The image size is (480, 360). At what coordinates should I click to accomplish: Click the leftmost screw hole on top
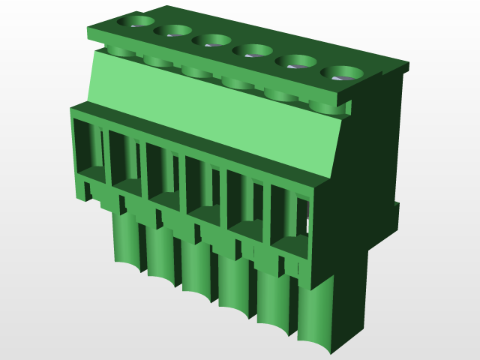[134, 21]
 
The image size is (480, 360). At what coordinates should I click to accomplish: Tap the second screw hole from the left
[173, 31]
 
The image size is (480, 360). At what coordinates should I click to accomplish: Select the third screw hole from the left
[211, 40]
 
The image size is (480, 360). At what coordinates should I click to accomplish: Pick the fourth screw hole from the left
[252, 50]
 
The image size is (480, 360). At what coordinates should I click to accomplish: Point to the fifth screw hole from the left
[297, 61]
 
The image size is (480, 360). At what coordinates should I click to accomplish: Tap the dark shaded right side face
[367, 172]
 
